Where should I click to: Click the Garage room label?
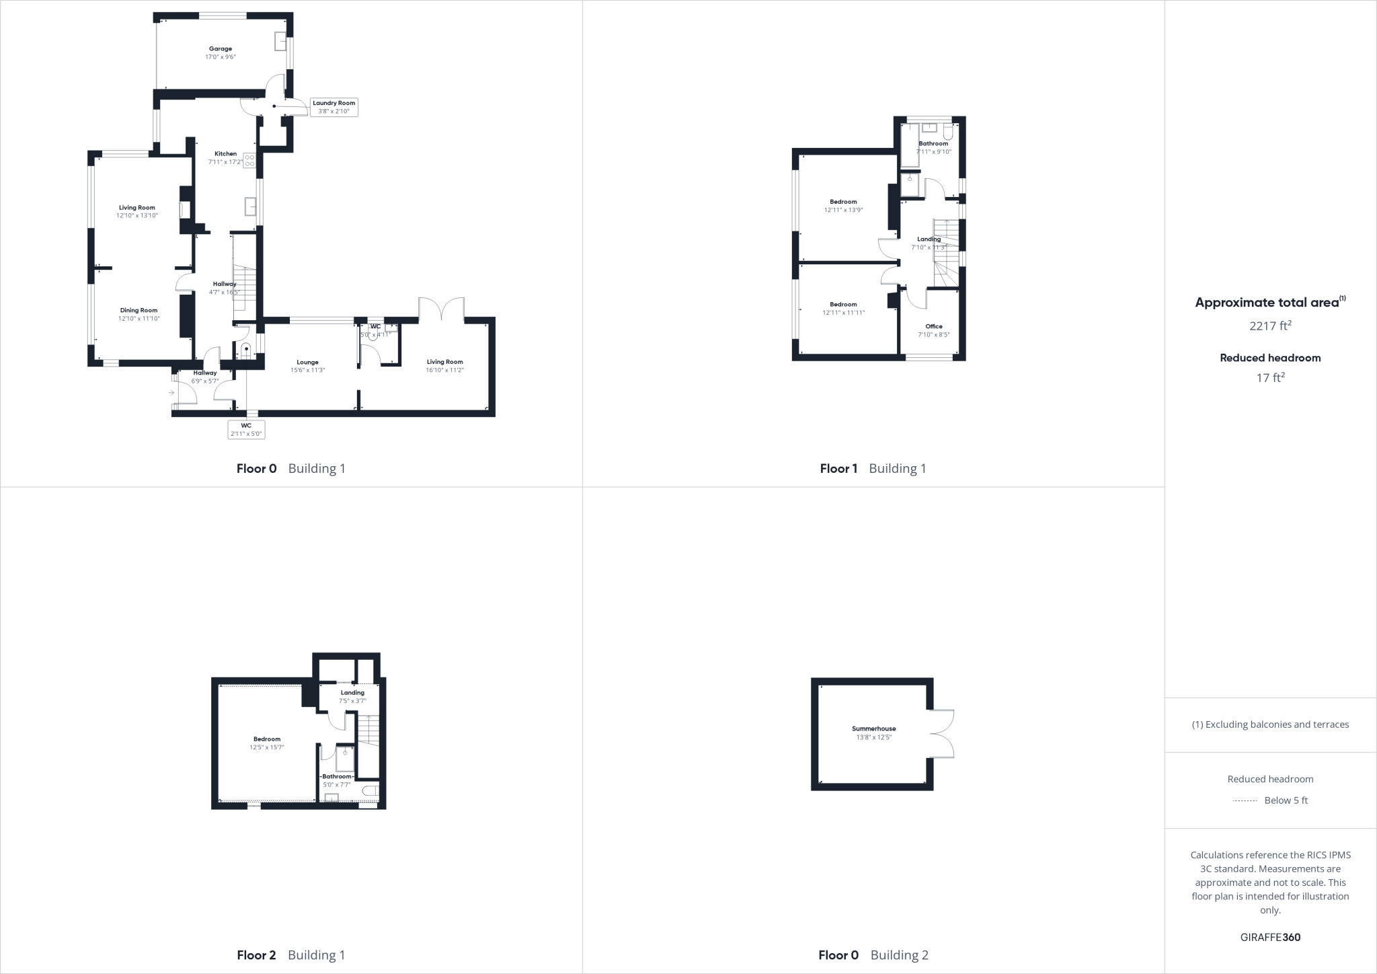coord(221,49)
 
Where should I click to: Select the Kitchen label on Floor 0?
coord(225,154)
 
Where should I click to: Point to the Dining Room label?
coord(139,311)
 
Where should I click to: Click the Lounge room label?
coord(308,363)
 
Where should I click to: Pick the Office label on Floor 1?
coord(933,327)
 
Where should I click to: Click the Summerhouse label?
coord(873,729)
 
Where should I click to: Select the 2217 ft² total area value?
coord(1270,326)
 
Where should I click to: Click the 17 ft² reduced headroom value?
coord(1270,378)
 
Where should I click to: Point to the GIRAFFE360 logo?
coord(1270,937)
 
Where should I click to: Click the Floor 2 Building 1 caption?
coord(291,955)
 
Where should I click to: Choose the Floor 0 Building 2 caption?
coord(873,955)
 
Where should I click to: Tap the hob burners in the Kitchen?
coord(249,161)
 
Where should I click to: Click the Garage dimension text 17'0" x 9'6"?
coord(221,58)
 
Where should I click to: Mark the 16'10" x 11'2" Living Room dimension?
coord(444,371)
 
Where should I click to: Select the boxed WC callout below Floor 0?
coord(246,430)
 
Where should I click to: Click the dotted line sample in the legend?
coord(1245,801)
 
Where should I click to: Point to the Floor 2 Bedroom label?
coord(267,739)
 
